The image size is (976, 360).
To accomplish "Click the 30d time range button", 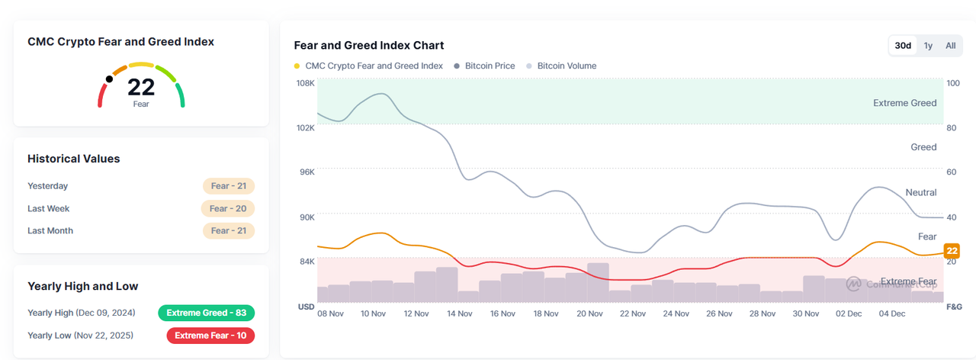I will tap(903, 46).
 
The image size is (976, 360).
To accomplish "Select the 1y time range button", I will tap(928, 46).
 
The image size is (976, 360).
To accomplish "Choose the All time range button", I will tap(951, 46).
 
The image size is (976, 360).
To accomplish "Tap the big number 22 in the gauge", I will tap(141, 88).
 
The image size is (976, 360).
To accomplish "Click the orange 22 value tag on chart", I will tap(952, 251).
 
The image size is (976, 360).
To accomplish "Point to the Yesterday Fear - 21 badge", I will tap(229, 186).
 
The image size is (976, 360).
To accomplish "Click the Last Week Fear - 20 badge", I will tap(228, 208).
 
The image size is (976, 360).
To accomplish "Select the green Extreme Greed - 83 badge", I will tap(206, 313).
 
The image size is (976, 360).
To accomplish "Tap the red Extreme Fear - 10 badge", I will tap(210, 336).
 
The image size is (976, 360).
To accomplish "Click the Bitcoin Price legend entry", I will tap(490, 66).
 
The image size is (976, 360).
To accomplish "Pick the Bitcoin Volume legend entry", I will tap(567, 66).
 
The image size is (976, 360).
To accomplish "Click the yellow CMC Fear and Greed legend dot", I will tap(297, 66).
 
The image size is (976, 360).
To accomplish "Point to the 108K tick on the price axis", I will tap(305, 83).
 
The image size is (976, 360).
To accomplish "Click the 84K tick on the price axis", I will tap(307, 262).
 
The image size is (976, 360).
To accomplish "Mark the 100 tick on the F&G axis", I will tap(952, 83).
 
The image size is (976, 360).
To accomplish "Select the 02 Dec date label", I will tap(849, 313).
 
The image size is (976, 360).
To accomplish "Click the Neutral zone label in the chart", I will tap(921, 193).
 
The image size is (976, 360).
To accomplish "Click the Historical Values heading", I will tap(74, 159).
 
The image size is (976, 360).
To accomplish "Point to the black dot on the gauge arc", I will tap(109, 79).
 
